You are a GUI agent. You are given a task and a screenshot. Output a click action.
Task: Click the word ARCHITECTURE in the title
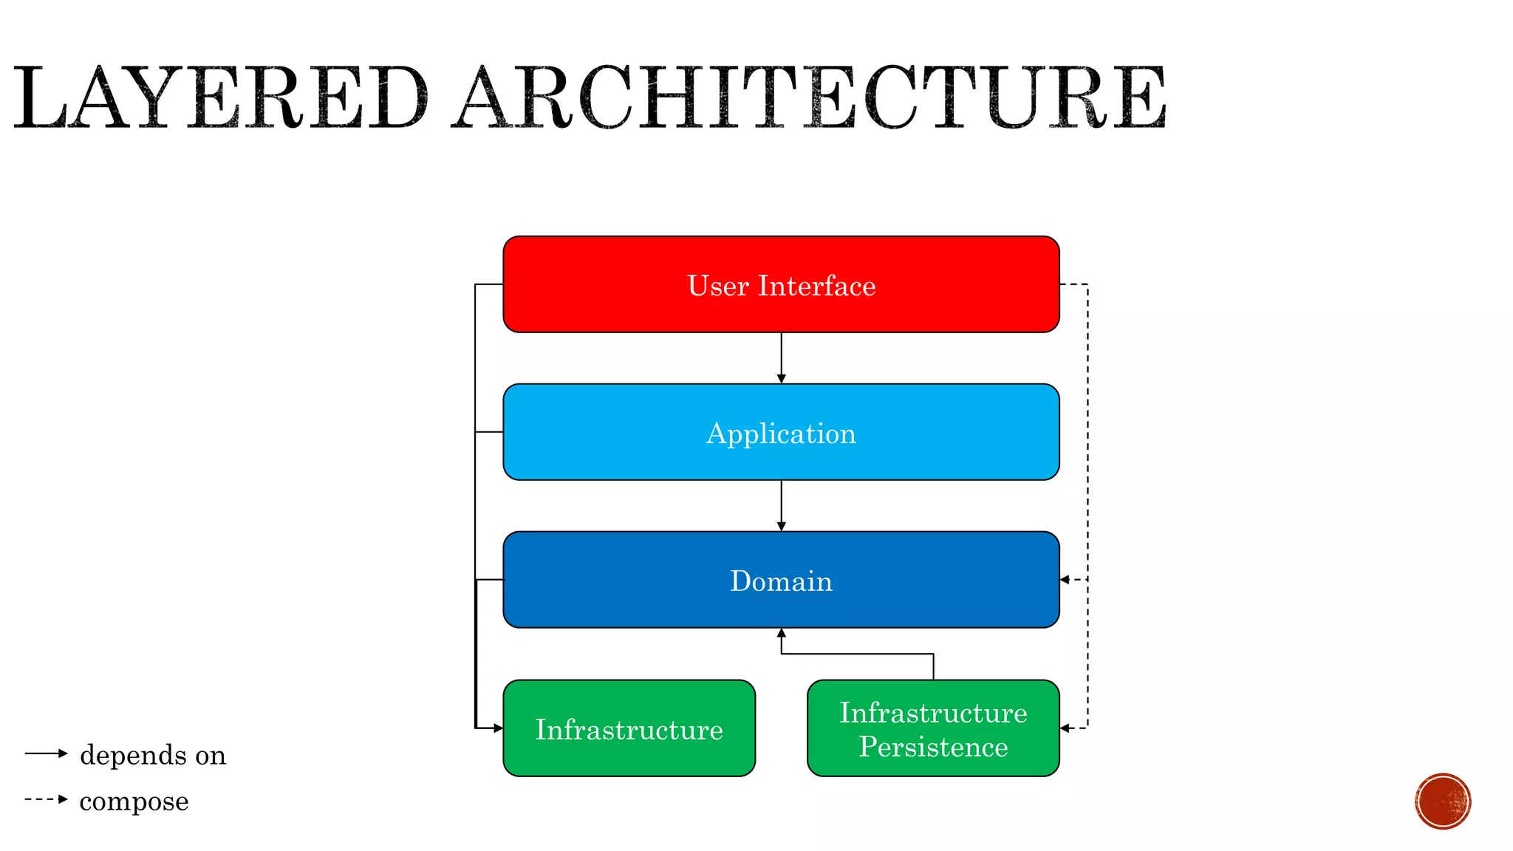(x=810, y=98)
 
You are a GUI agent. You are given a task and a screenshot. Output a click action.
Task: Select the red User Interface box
(x=781, y=284)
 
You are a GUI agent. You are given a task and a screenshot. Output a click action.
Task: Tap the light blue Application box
(x=781, y=432)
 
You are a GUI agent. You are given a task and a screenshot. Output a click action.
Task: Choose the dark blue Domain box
(x=781, y=580)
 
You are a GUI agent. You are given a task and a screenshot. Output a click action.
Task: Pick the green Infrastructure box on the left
(x=629, y=728)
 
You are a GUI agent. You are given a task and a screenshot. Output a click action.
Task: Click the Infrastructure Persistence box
(x=933, y=728)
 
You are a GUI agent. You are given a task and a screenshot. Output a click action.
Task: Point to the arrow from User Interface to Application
(x=781, y=358)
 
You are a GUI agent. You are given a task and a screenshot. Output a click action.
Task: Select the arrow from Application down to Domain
(x=781, y=506)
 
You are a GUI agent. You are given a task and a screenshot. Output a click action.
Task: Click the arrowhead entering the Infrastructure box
(x=498, y=728)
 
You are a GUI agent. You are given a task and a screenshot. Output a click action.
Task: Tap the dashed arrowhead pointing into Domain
(x=1065, y=580)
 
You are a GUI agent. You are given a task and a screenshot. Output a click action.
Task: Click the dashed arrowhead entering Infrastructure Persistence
(x=1065, y=728)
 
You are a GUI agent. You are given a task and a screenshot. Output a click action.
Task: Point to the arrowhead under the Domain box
(x=781, y=633)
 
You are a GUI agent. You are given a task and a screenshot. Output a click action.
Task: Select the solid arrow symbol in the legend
(x=46, y=753)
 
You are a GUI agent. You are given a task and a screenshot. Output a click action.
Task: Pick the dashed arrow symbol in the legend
(x=46, y=799)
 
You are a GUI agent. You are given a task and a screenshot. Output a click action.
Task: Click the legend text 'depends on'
(x=153, y=755)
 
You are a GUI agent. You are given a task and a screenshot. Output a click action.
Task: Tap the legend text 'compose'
(x=134, y=801)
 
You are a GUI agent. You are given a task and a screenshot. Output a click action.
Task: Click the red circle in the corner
(x=1443, y=802)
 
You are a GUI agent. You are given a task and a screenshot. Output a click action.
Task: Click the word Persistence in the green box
(x=933, y=747)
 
